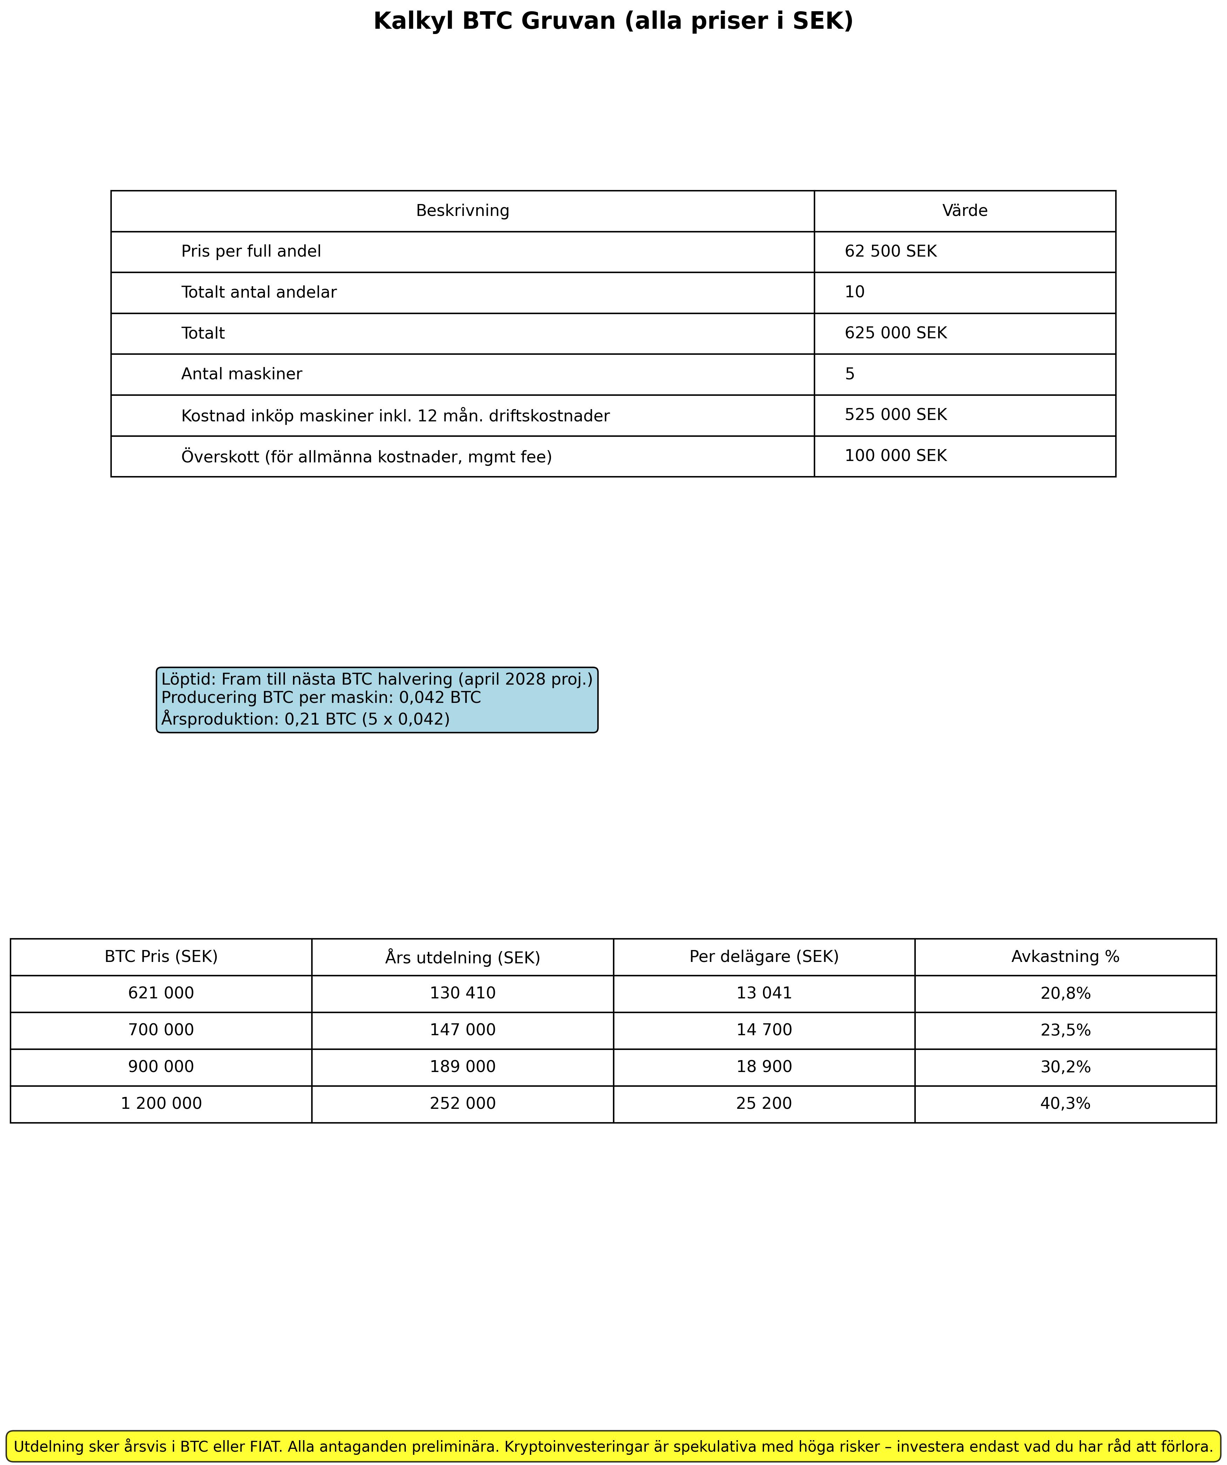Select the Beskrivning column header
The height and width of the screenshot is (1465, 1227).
463,211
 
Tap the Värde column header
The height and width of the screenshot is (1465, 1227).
965,211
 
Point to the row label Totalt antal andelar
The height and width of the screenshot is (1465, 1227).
259,292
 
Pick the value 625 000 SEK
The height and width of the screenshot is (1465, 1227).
896,333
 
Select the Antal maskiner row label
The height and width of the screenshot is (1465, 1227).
241,374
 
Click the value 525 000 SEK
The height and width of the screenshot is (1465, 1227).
896,415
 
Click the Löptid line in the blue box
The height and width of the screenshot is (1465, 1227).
377,679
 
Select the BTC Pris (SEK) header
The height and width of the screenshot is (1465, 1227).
161,956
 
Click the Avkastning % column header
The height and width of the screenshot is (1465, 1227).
1065,956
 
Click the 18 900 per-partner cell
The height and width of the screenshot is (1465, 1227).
764,1067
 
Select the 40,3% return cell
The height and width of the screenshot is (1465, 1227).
1065,1104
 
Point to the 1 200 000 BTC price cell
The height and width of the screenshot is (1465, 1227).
161,1104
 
